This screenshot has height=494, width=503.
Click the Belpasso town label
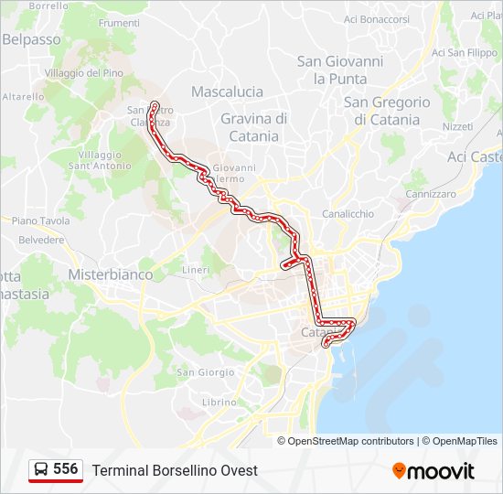(31, 39)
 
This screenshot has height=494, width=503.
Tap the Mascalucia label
(227, 91)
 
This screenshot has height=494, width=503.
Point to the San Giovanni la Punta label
(340, 70)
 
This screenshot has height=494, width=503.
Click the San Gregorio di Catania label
(388, 111)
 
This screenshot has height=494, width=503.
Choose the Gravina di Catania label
(254, 127)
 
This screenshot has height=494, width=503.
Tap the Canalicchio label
(348, 213)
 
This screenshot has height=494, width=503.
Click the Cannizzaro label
(430, 194)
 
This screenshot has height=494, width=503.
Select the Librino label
(219, 402)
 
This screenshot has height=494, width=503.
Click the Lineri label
(196, 270)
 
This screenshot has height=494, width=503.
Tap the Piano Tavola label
(40, 220)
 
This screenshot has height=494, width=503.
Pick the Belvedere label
(41, 239)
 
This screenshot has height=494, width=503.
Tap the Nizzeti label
(457, 126)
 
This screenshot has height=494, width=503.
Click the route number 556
(66, 469)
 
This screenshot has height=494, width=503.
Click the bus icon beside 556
(41, 469)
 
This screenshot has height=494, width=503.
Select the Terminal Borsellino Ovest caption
(175, 470)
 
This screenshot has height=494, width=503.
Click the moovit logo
(433, 470)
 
